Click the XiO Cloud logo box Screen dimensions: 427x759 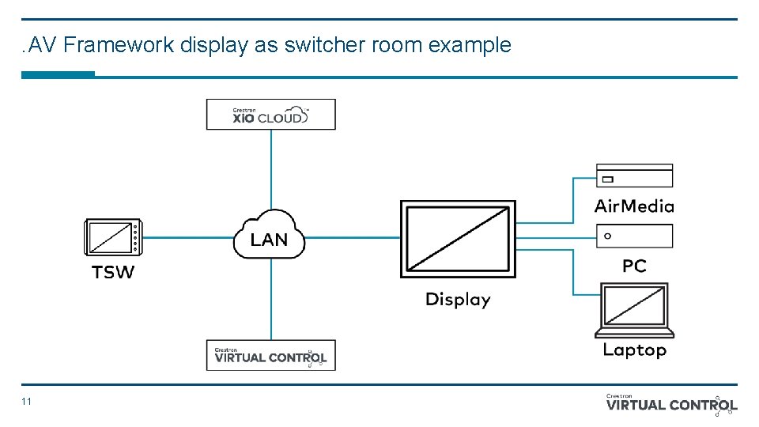pyautogui.click(x=270, y=114)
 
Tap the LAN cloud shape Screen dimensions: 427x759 pyautogui.click(x=269, y=235)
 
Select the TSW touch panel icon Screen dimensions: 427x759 pyautogui.click(x=111, y=237)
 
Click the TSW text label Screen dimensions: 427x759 pyautogui.click(x=113, y=273)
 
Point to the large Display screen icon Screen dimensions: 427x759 pyautogui.click(x=458, y=239)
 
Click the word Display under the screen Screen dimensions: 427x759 pyautogui.click(x=458, y=300)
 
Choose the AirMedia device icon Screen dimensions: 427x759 pyautogui.click(x=633, y=176)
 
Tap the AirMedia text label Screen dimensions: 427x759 pyautogui.click(x=633, y=206)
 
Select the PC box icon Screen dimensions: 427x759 pyautogui.click(x=633, y=236)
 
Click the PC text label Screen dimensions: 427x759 pyautogui.click(x=634, y=266)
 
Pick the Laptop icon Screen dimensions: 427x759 pyautogui.click(x=634, y=310)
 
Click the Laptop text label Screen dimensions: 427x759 pyautogui.click(x=634, y=350)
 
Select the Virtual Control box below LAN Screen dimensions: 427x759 pyautogui.click(x=270, y=355)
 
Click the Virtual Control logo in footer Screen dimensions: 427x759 pyautogui.click(x=671, y=404)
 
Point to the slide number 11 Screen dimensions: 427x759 pyautogui.click(x=27, y=402)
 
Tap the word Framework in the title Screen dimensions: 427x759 pyautogui.click(x=119, y=45)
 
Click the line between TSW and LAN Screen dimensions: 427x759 pyautogui.click(x=186, y=237)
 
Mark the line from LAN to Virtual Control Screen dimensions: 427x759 pyautogui.click(x=271, y=300)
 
